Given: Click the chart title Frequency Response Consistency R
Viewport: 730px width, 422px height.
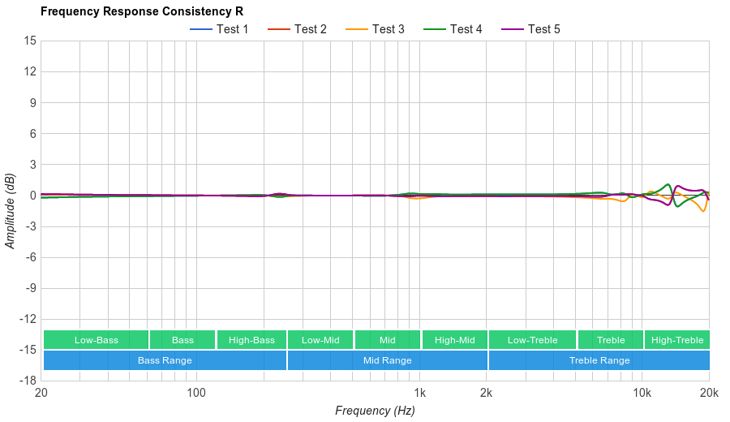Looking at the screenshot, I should click(142, 11).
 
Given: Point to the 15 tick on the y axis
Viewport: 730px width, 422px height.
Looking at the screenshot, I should click(31, 41).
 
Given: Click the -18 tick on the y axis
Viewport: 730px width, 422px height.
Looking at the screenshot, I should click(28, 381).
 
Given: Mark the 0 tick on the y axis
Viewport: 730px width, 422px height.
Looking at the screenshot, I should click(33, 196).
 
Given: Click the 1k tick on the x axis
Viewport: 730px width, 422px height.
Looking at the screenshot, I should click(419, 393).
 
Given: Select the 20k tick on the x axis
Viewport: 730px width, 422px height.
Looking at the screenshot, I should click(708, 393).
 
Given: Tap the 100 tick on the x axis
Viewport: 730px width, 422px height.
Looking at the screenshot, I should click(196, 393).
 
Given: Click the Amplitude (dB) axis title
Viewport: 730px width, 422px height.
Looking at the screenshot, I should click(10, 211).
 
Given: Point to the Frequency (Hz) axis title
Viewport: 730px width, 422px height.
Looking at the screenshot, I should click(375, 411).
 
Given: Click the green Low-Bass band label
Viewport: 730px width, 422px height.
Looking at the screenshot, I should click(97, 340).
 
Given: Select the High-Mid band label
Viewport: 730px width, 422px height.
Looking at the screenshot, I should click(454, 340).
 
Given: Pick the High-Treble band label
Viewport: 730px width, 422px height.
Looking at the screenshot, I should click(676, 340).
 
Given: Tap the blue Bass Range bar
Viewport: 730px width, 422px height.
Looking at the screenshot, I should click(165, 360).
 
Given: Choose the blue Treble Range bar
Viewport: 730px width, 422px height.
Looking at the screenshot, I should click(599, 360).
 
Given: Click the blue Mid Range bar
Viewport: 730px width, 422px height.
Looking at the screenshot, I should click(387, 360).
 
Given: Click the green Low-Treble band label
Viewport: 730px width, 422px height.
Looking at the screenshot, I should click(532, 340).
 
